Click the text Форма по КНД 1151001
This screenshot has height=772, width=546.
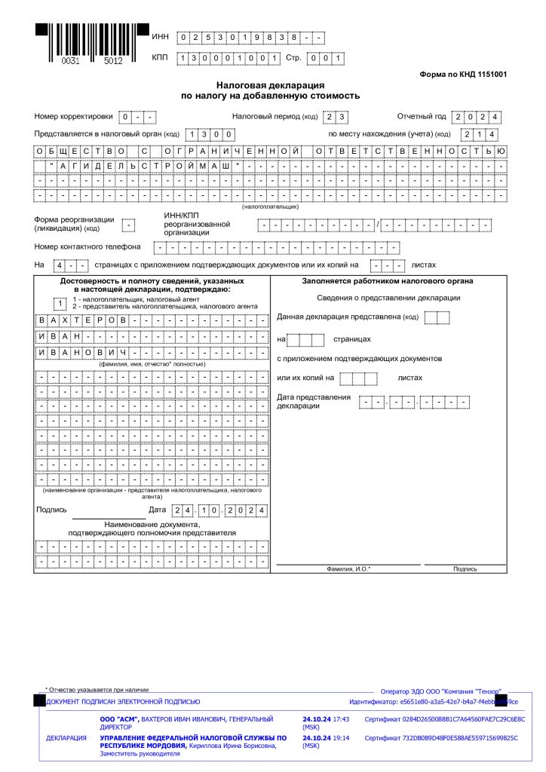coord(462,75)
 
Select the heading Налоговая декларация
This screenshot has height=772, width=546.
coord(270,86)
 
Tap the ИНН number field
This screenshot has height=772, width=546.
coord(250,37)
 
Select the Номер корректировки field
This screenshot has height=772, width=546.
coord(137,117)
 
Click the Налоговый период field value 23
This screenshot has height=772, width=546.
coord(335,117)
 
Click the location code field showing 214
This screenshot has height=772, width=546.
coord(480,134)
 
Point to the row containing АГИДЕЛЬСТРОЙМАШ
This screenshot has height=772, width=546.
coord(270,166)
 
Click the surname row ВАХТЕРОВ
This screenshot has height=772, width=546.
coord(152,320)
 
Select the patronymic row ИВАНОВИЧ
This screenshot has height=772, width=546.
coord(152,353)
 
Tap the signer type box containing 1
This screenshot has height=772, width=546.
coord(60,303)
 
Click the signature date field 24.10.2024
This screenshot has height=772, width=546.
coord(219,510)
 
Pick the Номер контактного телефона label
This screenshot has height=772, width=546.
coord(87,247)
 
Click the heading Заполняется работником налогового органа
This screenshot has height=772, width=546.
coord(388,281)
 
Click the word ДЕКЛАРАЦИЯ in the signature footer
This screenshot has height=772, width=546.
coord(66,738)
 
